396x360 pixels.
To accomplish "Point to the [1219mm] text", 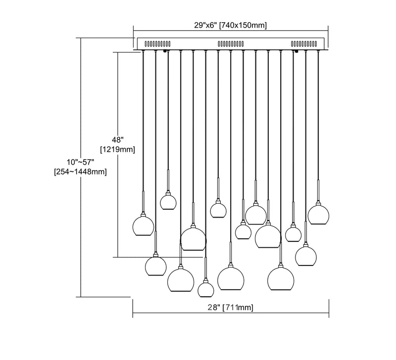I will pos(117,149).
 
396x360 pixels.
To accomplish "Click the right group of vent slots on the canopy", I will pos(306,43).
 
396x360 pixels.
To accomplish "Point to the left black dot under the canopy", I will pos(165,51).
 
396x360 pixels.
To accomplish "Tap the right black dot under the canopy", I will pos(296,51).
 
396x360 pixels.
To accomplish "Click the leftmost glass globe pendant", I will pos(144,225).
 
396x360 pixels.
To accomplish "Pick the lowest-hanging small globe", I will pos(205,288).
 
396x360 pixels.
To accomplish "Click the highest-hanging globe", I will pos(168,201).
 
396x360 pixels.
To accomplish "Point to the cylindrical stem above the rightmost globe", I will pos(318,190).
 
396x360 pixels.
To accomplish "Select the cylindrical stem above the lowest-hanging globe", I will pos(205,268).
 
